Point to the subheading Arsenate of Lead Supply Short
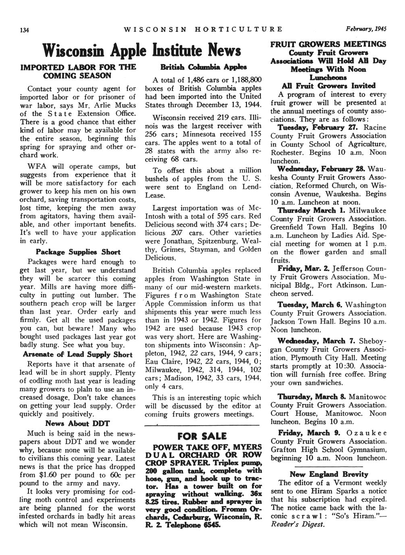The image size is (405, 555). point(78,355)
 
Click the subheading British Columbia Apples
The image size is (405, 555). point(202,67)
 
